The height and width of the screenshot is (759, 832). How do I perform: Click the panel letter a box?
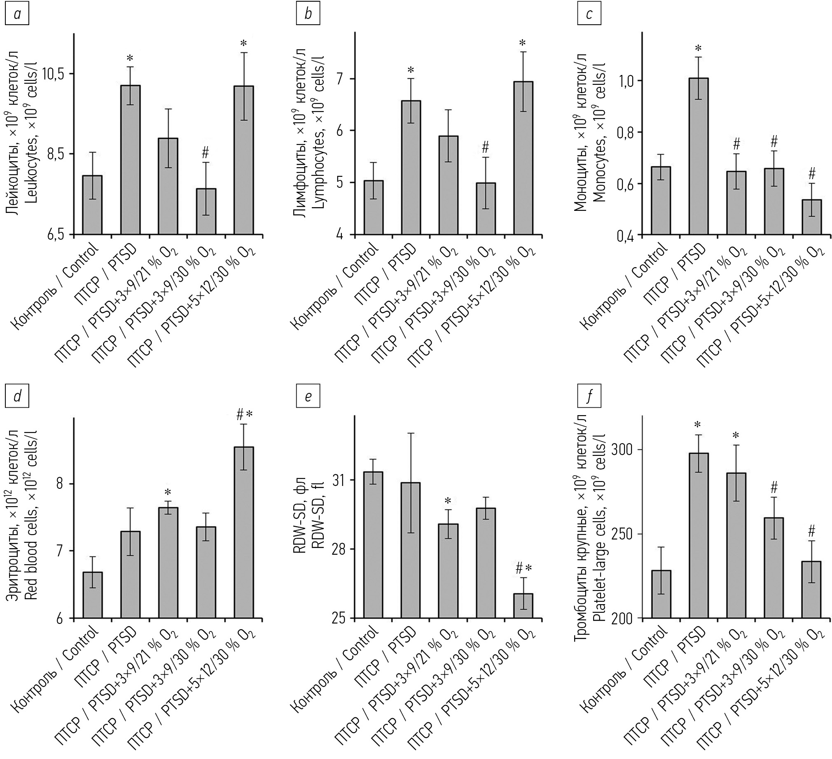point(17,14)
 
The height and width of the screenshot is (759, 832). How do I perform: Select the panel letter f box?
point(589,397)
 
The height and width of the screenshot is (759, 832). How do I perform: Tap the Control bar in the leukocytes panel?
point(92,205)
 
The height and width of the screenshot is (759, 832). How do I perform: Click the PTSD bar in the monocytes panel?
point(698,157)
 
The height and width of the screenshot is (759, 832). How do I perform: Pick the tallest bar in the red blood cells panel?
point(243,532)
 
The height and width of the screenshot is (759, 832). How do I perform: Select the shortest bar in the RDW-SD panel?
point(523,606)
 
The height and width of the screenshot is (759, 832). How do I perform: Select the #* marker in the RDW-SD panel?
point(524,569)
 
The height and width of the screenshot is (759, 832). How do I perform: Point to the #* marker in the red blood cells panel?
point(244,415)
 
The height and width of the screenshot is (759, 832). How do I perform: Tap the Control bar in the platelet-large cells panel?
point(661,594)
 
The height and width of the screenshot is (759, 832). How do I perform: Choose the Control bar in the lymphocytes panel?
point(373,208)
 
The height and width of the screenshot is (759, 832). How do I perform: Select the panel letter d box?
point(17,397)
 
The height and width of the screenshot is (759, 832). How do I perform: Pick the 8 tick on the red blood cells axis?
point(60,484)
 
